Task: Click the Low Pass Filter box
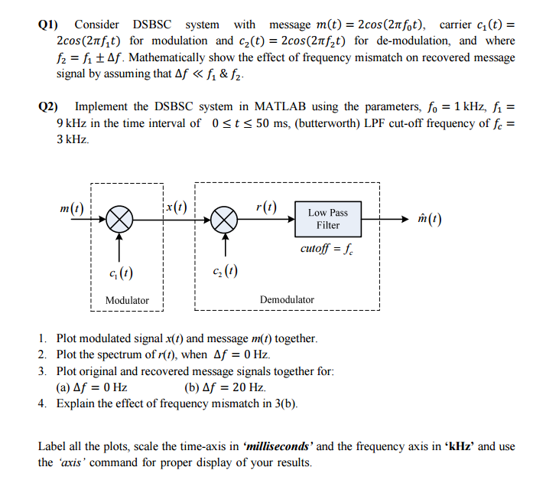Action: (x=328, y=219)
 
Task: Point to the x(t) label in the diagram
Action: (x=176, y=206)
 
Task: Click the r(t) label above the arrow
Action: (x=267, y=206)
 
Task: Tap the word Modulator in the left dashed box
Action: (x=127, y=300)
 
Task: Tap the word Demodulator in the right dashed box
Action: (x=287, y=300)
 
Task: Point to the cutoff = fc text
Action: (x=327, y=249)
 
